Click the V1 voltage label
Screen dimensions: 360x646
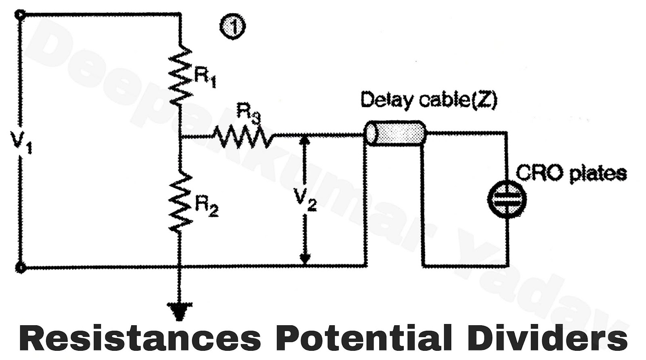tap(22, 143)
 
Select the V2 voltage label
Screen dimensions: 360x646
tap(305, 199)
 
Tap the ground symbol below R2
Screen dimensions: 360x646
tap(180, 309)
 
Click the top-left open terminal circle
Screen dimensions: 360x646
tap(19, 15)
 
